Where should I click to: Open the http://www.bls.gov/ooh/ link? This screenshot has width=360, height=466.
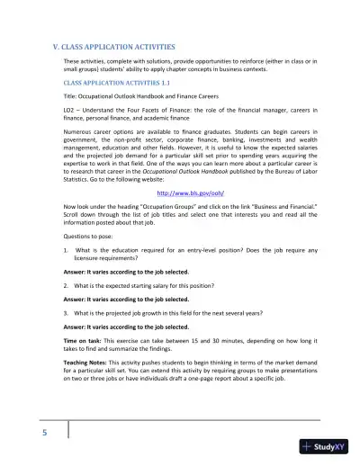point(179,191)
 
